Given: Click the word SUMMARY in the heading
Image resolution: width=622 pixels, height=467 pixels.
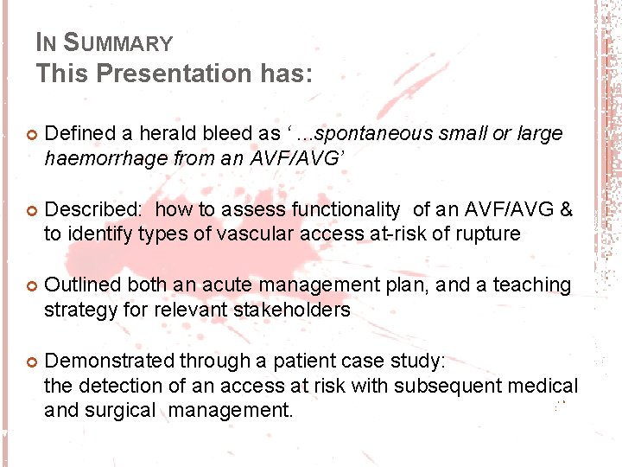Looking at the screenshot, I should coord(119,42).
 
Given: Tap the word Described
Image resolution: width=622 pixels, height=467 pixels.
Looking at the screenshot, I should coord(92,209).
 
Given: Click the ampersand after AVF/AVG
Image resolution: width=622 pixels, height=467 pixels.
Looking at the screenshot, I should coord(565,209).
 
